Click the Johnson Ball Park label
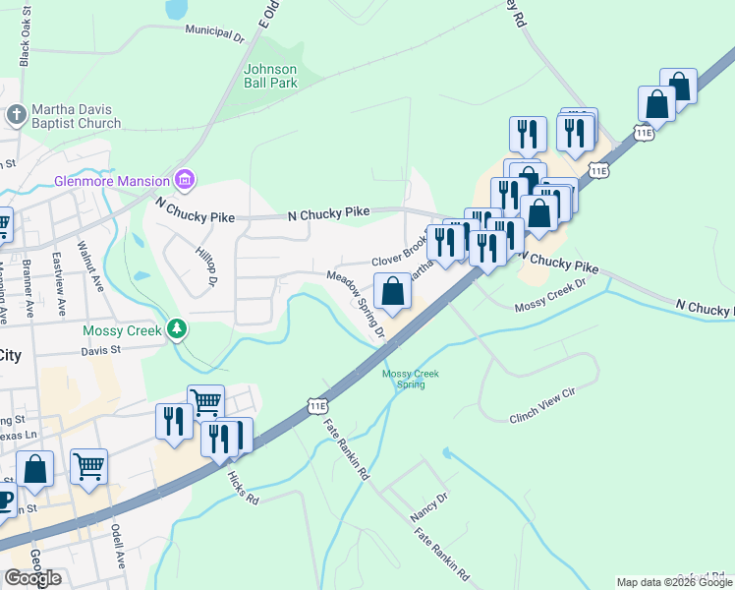[270, 77]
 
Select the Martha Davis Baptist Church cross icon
[15, 116]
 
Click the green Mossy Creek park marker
[177, 328]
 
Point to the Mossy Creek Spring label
[410, 379]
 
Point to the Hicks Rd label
[242, 488]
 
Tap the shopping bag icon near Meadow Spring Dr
[392, 291]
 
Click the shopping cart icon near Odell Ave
[88, 465]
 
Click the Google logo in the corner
[32, 578]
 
